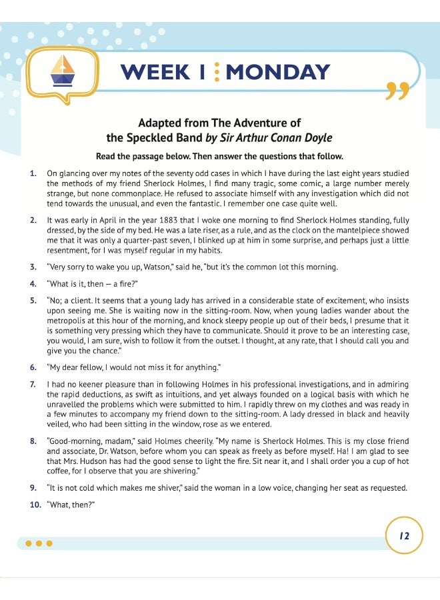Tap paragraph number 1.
tap(33, 174)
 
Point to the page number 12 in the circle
tap(404, 535)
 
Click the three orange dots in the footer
tap(39, 543)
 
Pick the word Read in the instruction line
tap(108, 157)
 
